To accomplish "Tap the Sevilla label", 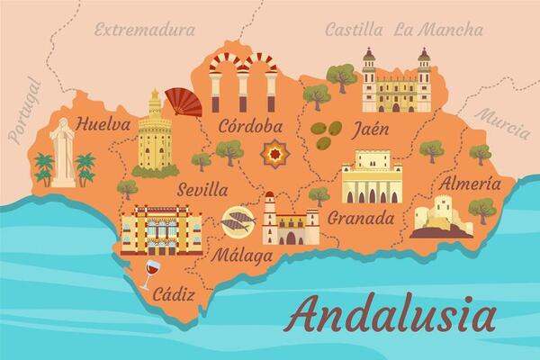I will [202, 191].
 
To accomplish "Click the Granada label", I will [361, 218].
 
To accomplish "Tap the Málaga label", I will [241, 255].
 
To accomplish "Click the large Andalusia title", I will [392, 317].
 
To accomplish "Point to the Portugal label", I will [25, 109].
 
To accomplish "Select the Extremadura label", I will [144, 31].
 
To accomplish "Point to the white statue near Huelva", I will [62, 153].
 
